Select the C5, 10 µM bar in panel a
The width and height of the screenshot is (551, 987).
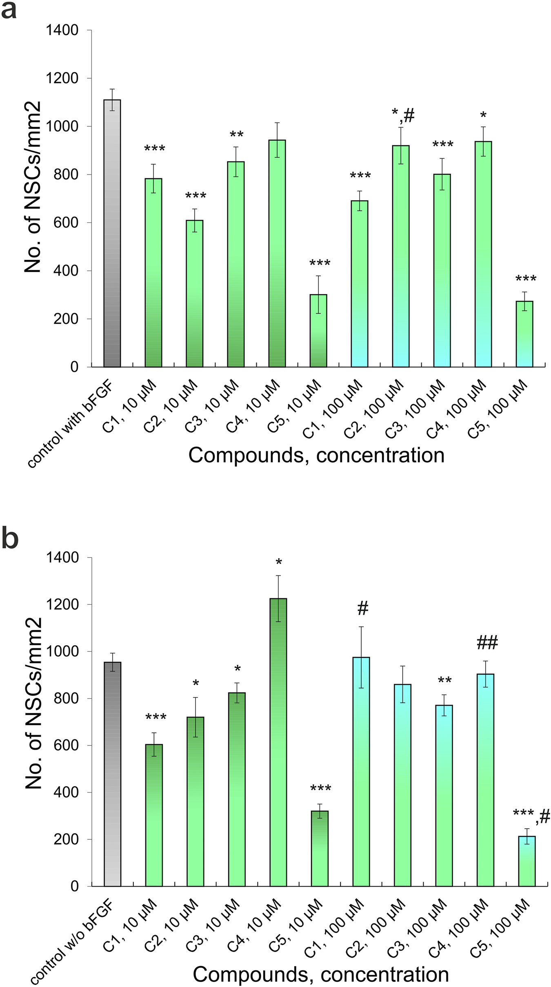[318, 330]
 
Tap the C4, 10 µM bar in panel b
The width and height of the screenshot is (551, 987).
[278, 742]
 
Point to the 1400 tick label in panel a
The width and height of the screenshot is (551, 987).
[62, 30]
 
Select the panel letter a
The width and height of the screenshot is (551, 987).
[9, 11]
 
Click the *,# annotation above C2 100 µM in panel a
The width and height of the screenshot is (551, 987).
[402, 116]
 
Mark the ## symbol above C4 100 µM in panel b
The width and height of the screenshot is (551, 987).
[487, 643]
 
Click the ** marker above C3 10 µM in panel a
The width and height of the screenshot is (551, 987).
[236, 135]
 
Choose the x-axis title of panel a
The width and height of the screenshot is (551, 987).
[316, 455]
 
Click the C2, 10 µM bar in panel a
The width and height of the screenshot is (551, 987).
[195, 294]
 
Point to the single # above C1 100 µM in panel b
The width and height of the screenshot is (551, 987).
[362, 609]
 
